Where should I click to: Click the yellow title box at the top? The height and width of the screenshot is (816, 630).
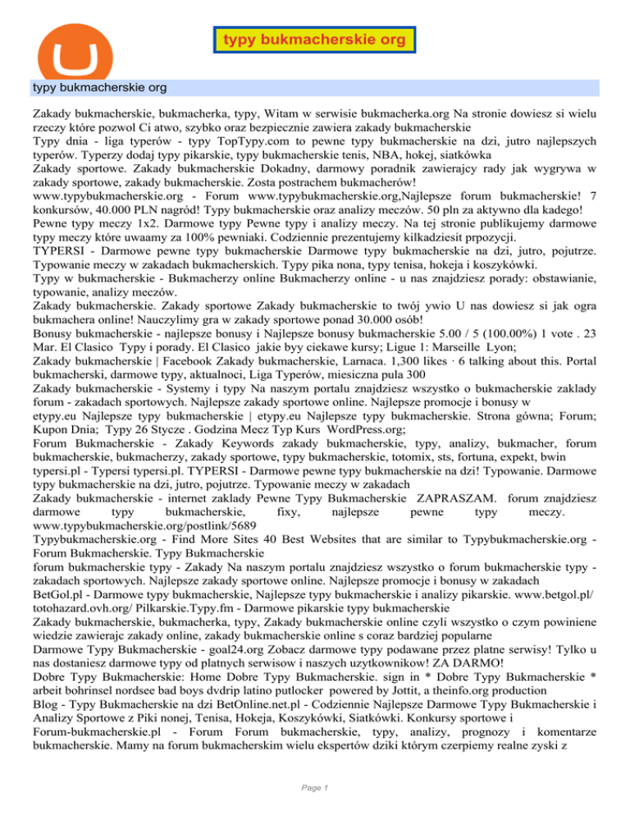click(x=314, y=39)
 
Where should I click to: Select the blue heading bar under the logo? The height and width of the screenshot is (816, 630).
click(x=315, y=85)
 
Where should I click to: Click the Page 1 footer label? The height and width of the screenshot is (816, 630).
click(x=315, y=788)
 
